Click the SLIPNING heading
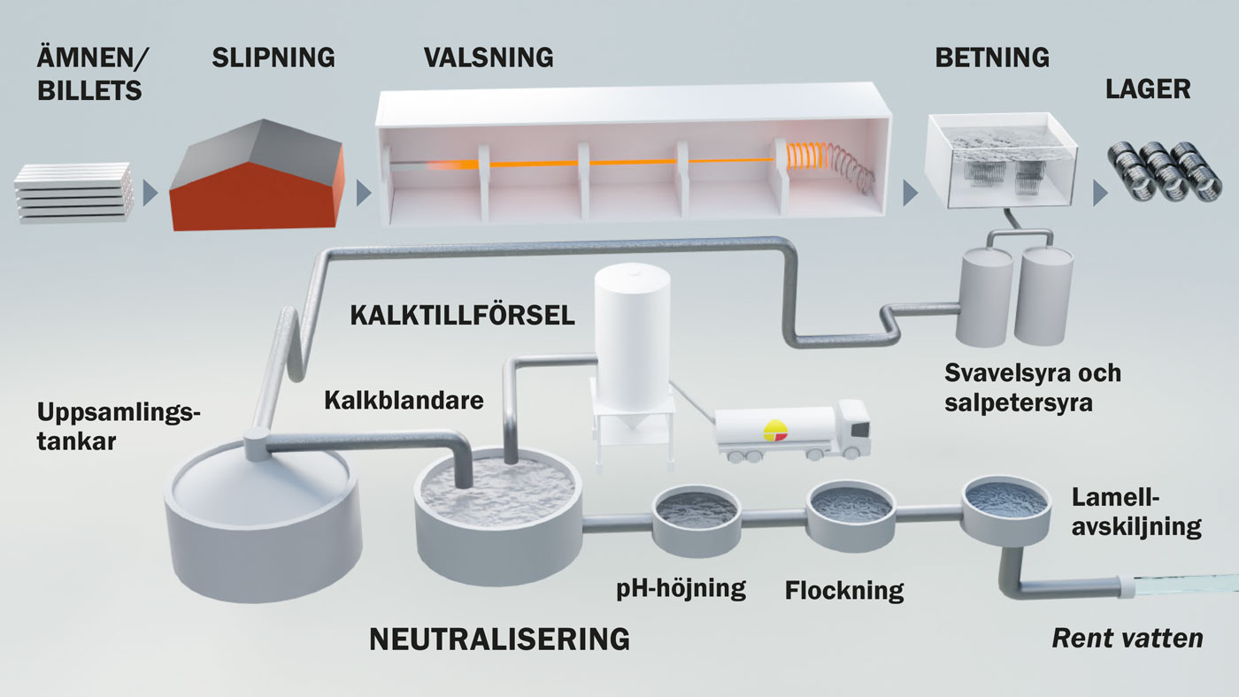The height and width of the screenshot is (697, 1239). pyautogui.click(x=273, y=58)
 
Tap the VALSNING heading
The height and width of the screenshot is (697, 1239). pyautogui.click(x=488, y=58)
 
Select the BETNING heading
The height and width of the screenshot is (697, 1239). pyautogui.click(x=991, y=58)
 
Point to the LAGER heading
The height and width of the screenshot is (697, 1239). pyautogui.click(x=1148, y=89)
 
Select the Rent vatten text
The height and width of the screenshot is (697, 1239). pyautogui.click(x=1127, y=638)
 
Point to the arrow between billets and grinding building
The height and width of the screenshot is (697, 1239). pyautogui.click(x=151, y=192)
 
